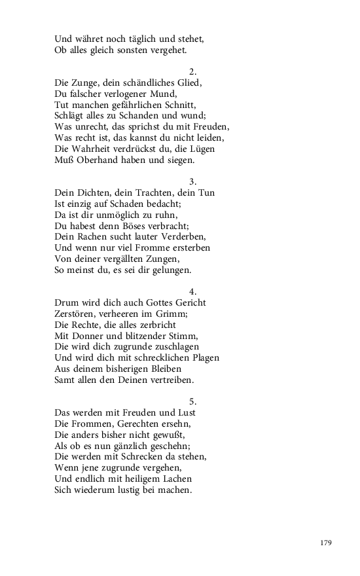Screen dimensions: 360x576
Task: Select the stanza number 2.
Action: [192, 71]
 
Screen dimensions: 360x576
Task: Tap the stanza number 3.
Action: [192, 181]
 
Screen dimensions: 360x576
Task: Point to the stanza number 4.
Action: [192, 291]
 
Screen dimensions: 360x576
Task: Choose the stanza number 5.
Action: [192, 401]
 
